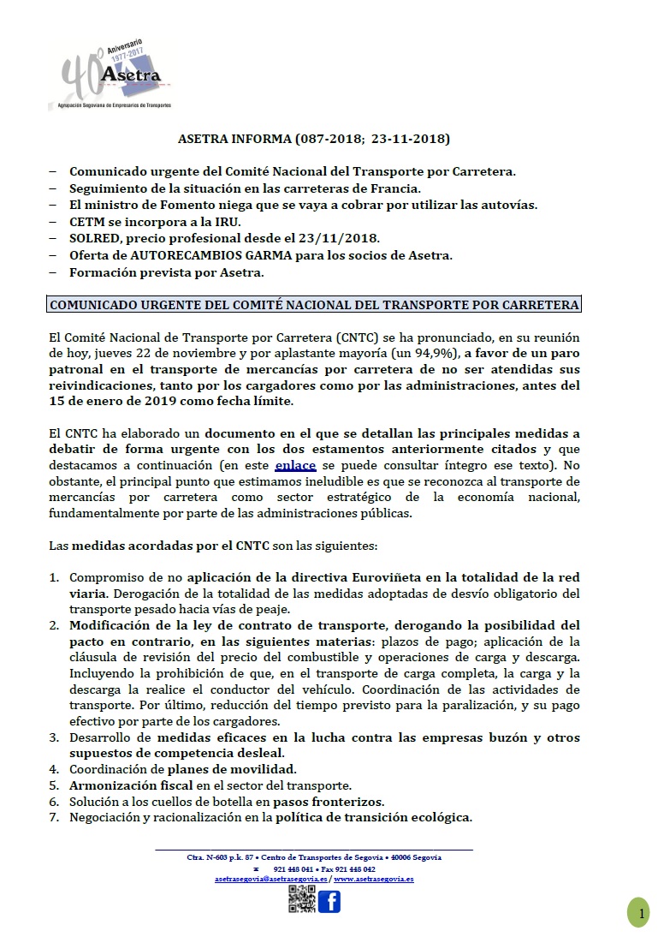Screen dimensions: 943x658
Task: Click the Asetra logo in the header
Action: [116, 75]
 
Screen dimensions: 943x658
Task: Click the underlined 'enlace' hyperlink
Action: [296, 464]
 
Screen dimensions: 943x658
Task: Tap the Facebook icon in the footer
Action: [329, 900]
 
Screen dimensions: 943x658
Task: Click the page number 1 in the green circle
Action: [641, 915]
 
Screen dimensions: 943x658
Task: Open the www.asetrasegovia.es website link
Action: [374, 879]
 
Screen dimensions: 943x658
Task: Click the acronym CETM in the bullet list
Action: [85, 220]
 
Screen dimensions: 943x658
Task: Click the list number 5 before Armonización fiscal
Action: [53, 785]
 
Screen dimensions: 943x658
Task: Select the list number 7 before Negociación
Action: [53, 817]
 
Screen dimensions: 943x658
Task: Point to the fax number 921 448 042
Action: [354, 868]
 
